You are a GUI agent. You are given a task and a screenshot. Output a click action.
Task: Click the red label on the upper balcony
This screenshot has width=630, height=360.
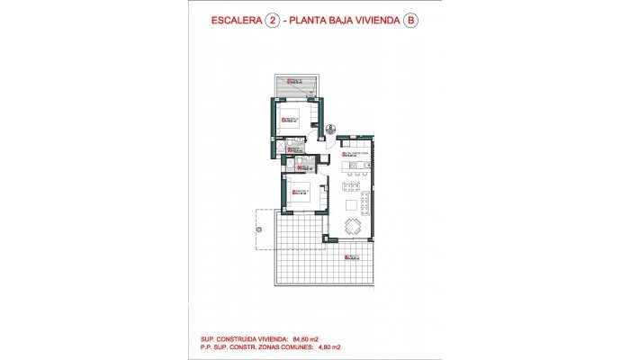pyautogui.click(x=291, y=83)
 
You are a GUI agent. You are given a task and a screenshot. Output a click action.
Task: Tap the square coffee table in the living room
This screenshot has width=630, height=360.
pyautogui.click(x=351, y=203)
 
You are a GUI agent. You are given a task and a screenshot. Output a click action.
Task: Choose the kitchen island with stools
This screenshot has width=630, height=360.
pyautogui.click(x=357, y=167)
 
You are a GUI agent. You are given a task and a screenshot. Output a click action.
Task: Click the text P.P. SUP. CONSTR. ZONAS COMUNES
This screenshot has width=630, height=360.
pyautogui.click(x=256, y=346)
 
